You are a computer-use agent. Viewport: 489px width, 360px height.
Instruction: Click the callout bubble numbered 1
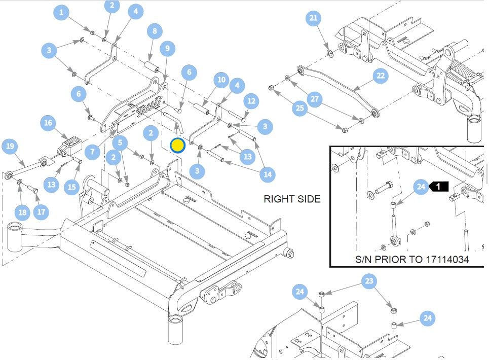pos(61,13)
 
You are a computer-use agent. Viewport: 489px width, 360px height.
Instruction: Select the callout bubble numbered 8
pos(155,31)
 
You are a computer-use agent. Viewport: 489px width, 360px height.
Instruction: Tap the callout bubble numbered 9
pos(167,49)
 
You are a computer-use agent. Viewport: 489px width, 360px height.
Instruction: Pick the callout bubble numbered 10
pos(221,80)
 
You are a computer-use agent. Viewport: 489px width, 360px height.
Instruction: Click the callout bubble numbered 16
pos(48,123)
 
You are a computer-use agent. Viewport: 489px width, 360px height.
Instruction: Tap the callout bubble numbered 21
pos(314,19)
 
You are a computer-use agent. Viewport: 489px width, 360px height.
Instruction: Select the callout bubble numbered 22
pos(381,77)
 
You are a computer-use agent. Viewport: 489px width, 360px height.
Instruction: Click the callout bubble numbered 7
pos(92,152)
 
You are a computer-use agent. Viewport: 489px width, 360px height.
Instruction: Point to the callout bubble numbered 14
pos(267,175)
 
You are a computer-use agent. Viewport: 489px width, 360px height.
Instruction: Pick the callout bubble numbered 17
pos(41,211)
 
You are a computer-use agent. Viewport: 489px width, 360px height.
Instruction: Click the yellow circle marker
pos(177,146)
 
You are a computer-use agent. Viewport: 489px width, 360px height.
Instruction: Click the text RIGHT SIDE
pos(292,199)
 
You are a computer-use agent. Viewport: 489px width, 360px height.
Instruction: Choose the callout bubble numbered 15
pos(72,187)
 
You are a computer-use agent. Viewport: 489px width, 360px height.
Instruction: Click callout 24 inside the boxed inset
pos(421,187)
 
